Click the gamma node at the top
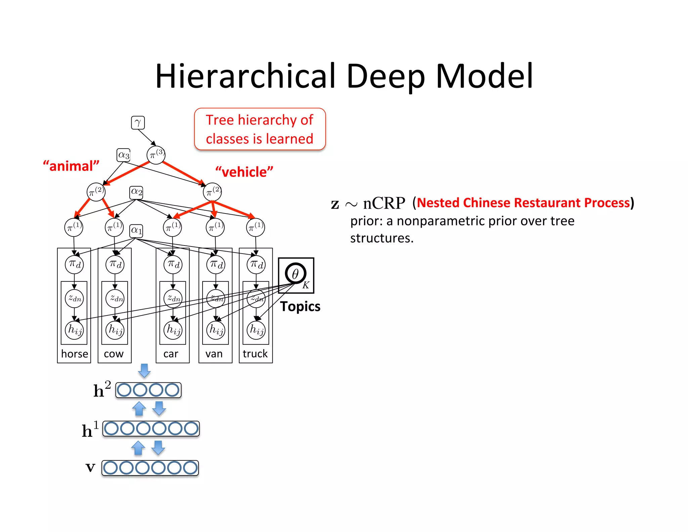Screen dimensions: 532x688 138,123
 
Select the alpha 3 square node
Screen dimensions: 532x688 124,155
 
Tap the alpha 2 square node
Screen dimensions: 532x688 136,192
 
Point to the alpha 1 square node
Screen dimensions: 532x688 136,231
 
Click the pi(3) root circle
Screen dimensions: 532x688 156,155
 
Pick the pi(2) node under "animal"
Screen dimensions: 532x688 96,192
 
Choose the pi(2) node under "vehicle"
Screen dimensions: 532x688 212,192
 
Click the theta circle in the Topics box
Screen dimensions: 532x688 295,273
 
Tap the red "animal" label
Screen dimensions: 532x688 71,166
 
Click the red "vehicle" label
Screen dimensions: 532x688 244,172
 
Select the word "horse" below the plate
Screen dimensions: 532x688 75,354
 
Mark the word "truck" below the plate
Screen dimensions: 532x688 255,354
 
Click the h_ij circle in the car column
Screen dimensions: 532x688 173,330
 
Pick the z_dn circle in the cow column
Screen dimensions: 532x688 115,298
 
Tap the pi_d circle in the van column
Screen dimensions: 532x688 216,265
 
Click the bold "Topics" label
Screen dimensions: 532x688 300,306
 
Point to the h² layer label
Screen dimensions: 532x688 102,389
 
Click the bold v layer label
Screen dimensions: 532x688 90,467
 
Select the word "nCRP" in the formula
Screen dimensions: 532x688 384,203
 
